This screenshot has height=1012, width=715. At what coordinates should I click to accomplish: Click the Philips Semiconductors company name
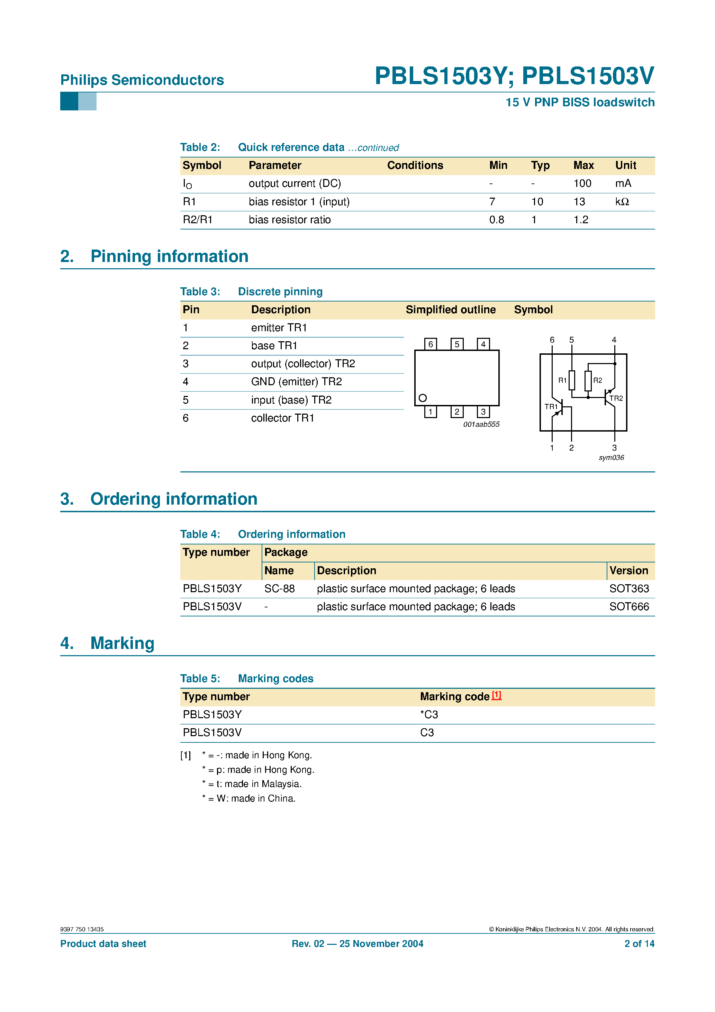[x=142, y=80]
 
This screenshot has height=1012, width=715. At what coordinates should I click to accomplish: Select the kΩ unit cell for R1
[x=622, y=202]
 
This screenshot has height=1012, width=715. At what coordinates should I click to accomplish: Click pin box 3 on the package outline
[x=483, y=412]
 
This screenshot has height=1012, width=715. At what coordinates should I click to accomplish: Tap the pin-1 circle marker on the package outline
[x=422, y=398]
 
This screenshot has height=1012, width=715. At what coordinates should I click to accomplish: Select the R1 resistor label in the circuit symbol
[x=562, y=380]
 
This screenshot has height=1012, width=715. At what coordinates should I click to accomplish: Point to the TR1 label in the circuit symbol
[x=551, y=406]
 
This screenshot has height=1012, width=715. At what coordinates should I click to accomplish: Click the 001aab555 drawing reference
[x=481, y=424]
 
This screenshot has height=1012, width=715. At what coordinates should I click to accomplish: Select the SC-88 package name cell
[x=280, y=589]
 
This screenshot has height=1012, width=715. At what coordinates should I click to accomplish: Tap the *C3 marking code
[x=429, y=714]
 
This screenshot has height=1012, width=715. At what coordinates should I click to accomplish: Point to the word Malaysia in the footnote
[x=281, y=784]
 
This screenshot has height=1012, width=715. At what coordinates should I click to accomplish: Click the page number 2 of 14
[x=639, y=944]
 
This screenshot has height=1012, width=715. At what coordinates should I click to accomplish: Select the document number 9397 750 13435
[x=82, y=929]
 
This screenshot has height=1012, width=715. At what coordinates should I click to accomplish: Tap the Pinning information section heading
[x=169, y=256]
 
